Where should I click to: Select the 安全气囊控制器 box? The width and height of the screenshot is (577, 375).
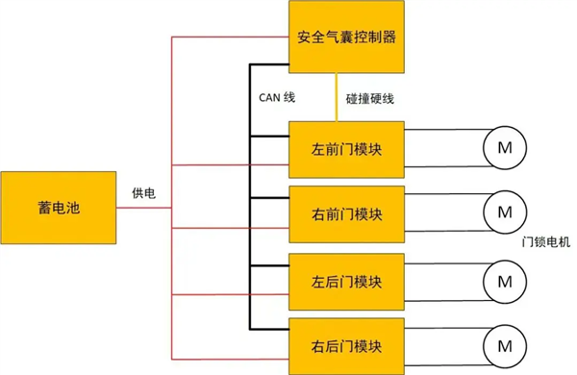[x=345, y=38]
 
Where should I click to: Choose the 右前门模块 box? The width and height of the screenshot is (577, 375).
[x=345, y=214]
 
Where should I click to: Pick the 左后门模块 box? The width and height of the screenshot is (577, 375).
[x=345, y=282]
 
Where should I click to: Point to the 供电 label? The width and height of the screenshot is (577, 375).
[x=144, y=193]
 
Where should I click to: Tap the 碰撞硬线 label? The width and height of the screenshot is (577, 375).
[x=369, y=97]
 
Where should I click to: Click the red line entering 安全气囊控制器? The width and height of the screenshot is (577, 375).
[x=231, y=37]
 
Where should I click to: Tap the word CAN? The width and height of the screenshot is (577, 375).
[x=270, y=96]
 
